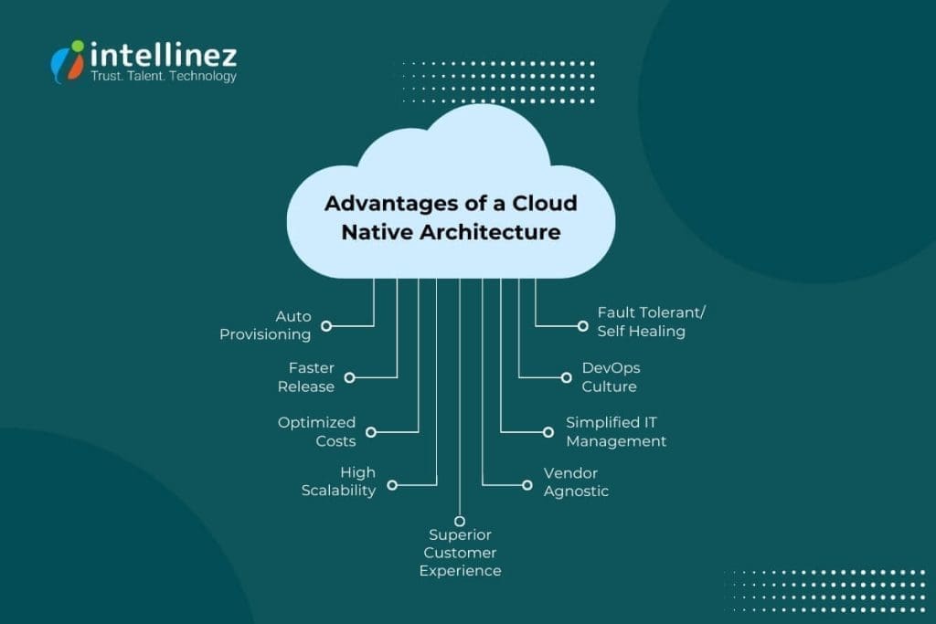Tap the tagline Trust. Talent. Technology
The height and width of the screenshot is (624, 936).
click(x=164, y=76)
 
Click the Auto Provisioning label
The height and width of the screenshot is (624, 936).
click(x=265, y=325)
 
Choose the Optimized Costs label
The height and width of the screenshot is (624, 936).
click(x=316, y=431)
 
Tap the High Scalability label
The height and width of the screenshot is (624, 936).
click(x=338, y=481)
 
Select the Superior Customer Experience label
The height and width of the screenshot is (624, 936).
click(x=460, y=553)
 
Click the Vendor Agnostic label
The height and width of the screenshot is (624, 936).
click(x=576, y=481)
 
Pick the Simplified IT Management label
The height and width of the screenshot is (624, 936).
click(x=615, y=431)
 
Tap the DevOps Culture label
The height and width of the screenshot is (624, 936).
click(x=611, y=376)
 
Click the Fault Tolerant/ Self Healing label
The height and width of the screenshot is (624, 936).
click(x=651, y=322)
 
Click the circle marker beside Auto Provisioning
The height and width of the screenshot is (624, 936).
click(x=326, y=325)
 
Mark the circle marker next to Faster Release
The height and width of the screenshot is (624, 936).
click(x=349, y=377)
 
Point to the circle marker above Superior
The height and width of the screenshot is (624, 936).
click(x=460, y=520)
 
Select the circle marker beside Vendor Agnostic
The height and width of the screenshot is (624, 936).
click(x=527, y=485)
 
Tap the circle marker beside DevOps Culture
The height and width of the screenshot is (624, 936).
click(x=567, y=376)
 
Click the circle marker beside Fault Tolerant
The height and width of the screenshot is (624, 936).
click(x=582, y=324)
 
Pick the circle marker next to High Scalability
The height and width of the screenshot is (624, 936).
click(x=392, y=485)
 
